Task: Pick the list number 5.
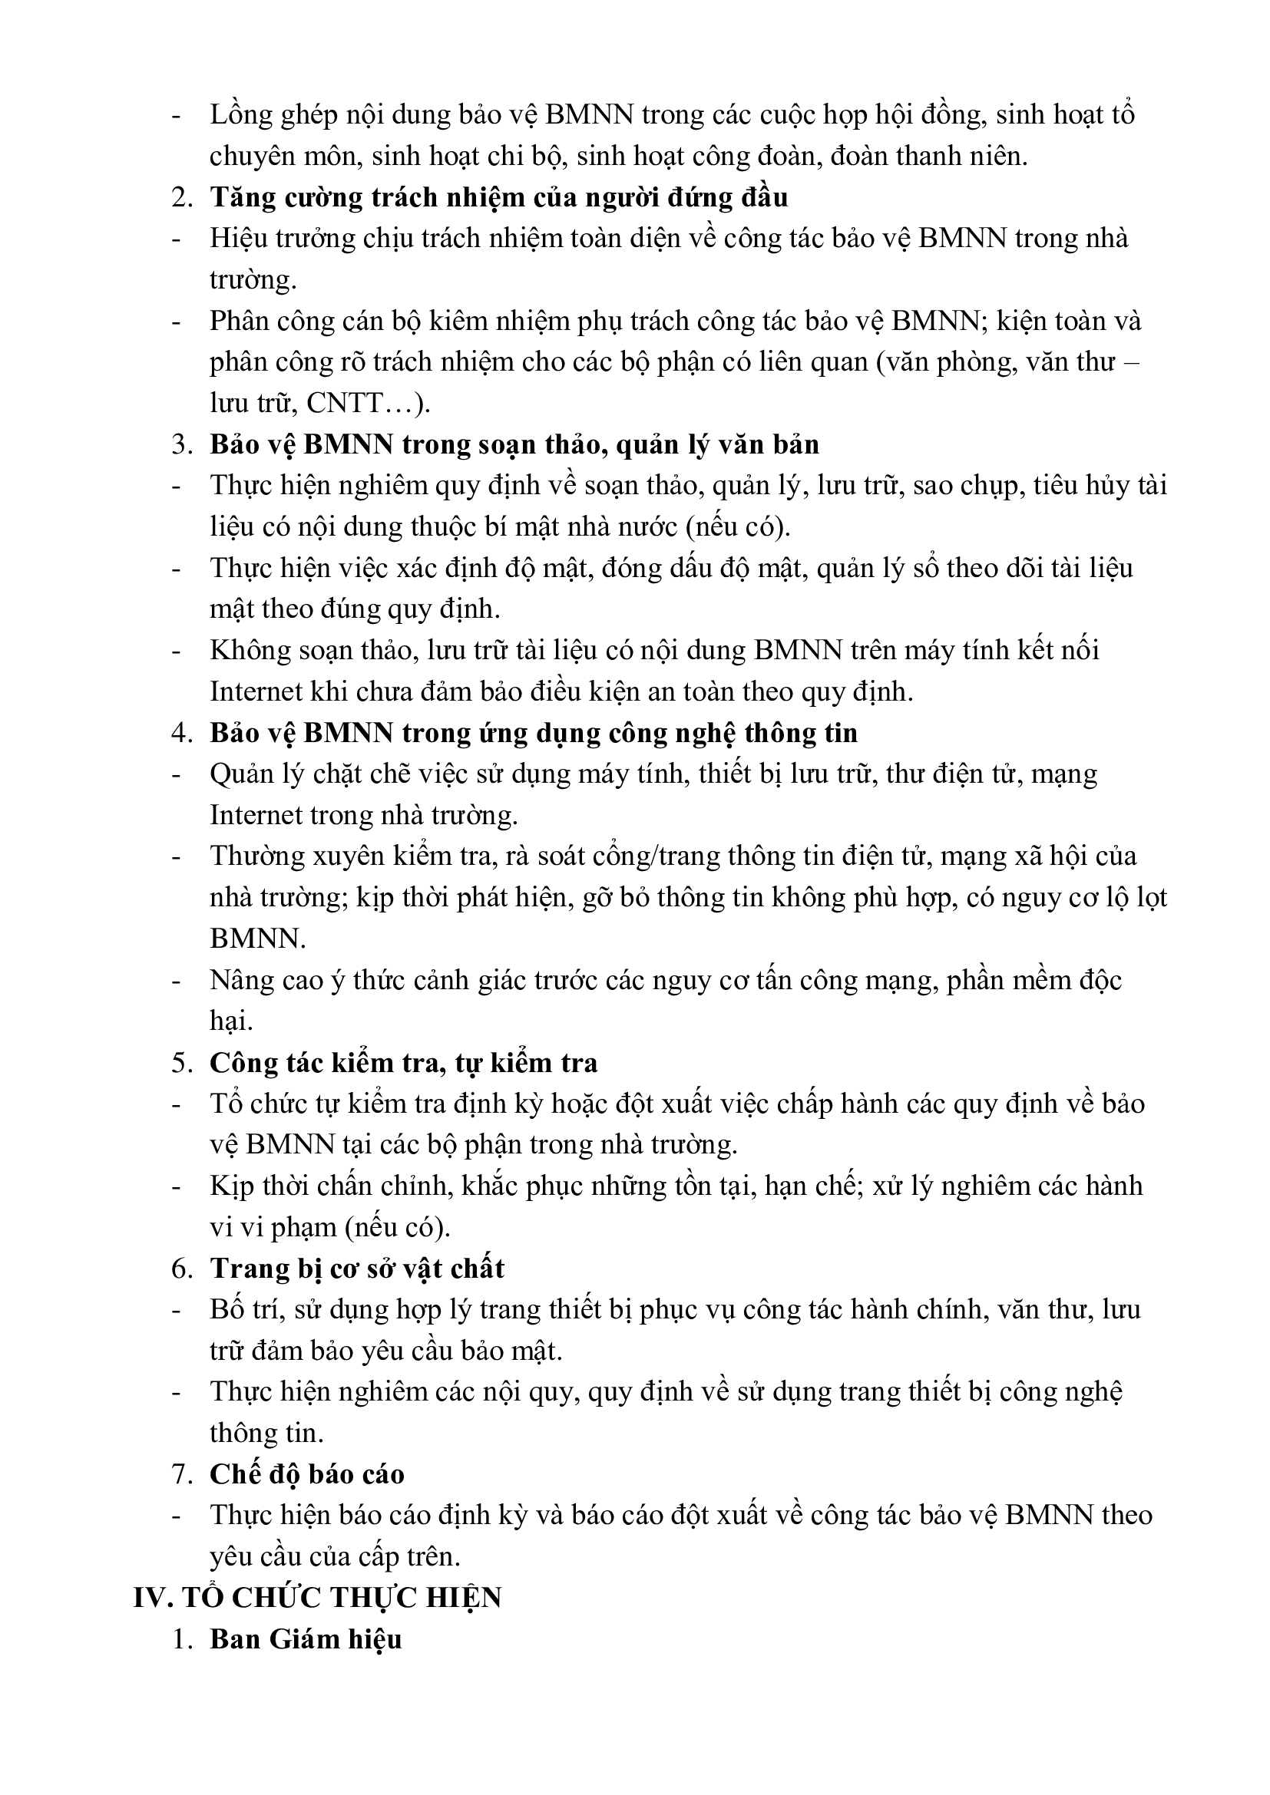[x=181, y=1062]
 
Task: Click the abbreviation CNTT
[x=344, y=404]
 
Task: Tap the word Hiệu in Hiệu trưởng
[x=236, y=239]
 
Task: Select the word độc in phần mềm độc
[x=1100, y=979]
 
